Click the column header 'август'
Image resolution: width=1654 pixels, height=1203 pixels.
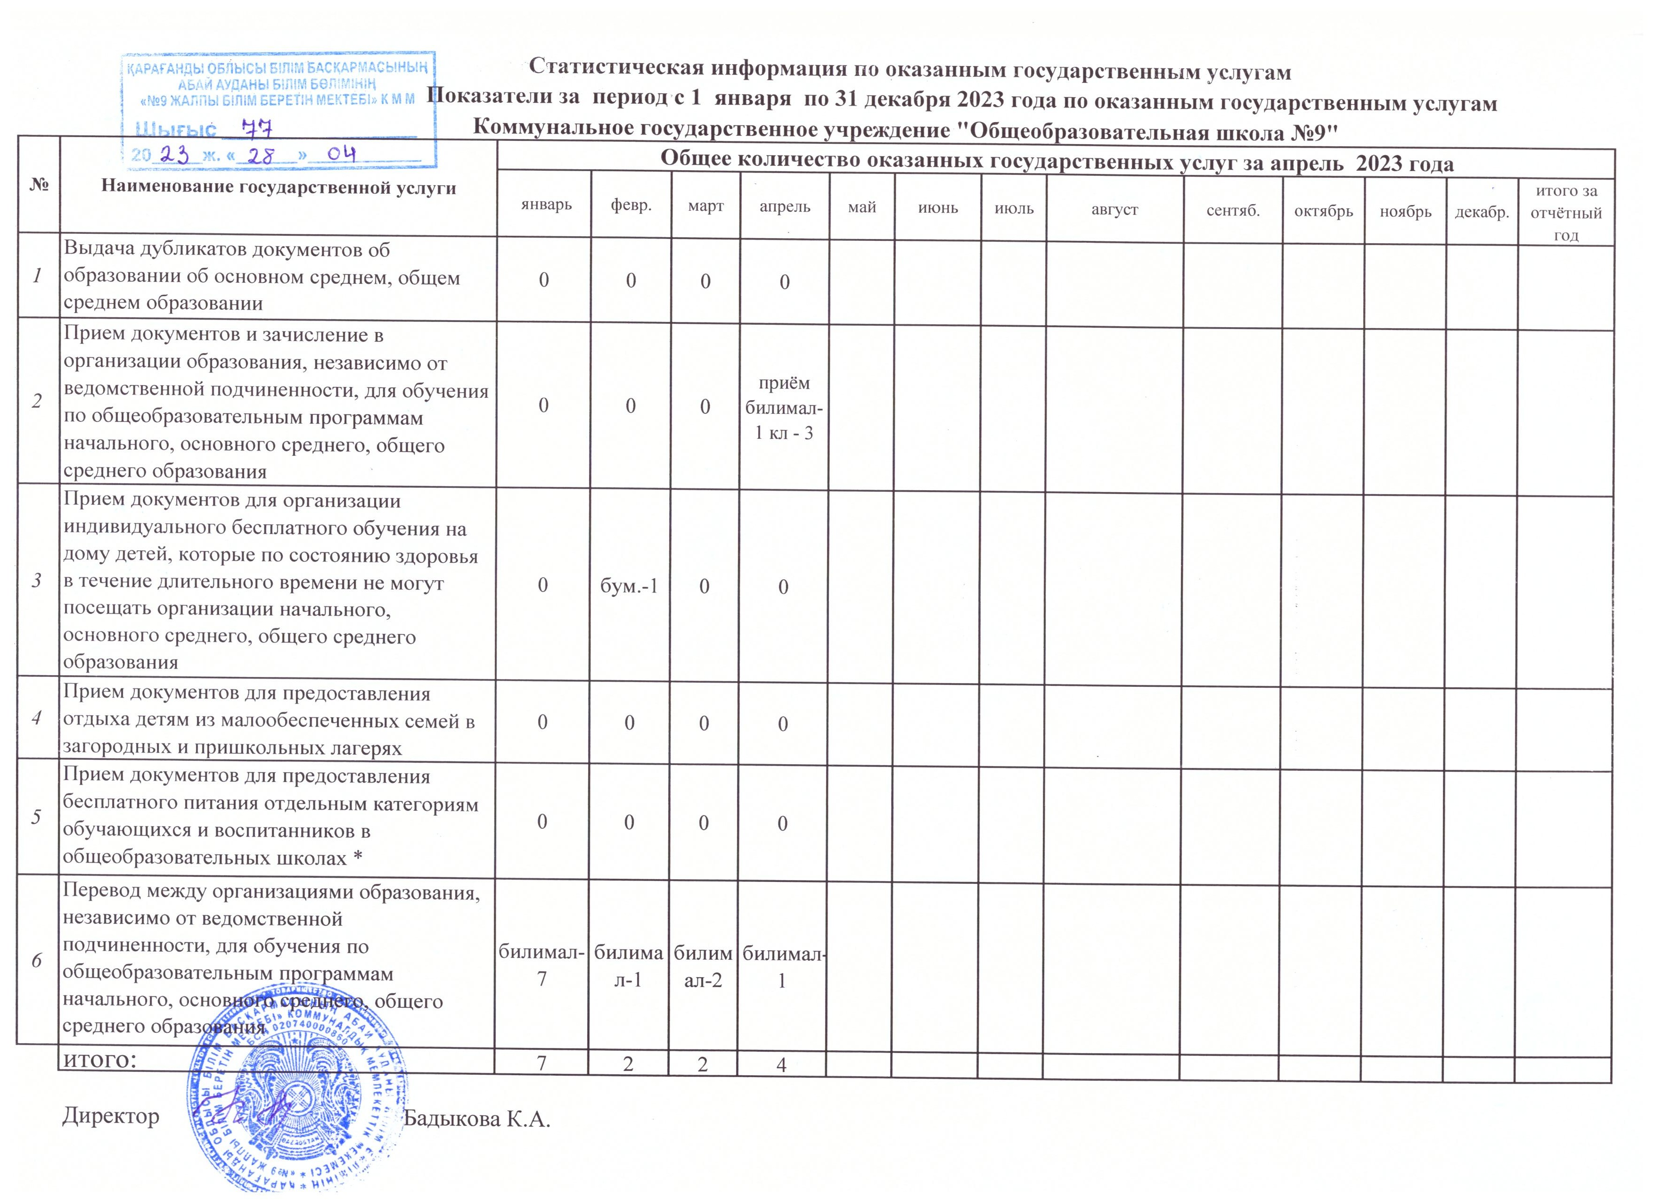point(1114,209)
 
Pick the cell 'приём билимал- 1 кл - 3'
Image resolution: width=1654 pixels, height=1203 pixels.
point(784,408)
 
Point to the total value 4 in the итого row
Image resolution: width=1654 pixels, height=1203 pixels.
point(781,1065)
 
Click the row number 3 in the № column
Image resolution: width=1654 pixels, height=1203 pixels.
point(36,580)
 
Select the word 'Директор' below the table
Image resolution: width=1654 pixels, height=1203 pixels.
point(111,1116)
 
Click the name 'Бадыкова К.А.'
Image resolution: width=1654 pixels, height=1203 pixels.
point(477,1118)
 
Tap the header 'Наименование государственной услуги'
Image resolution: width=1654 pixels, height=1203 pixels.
point(278,188)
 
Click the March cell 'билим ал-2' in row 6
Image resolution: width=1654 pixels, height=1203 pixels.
point(703,967)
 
